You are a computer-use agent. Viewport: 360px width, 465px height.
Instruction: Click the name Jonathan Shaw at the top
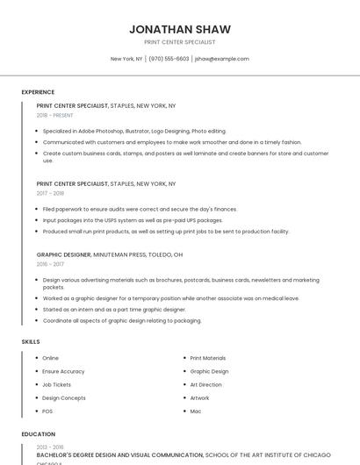pos(179,29)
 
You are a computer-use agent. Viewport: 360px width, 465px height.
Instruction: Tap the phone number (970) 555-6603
pos(169,59)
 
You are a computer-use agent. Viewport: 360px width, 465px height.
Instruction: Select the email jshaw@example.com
pos(222,59)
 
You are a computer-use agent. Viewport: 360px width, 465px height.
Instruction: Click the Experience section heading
pos(38,92)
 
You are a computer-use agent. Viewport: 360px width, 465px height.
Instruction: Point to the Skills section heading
pos(31,341)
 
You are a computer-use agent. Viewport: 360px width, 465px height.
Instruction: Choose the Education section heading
pos(38,434)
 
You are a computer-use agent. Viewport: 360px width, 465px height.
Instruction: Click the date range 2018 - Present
pos(55,115)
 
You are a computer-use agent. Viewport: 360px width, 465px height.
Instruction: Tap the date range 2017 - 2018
pos(50,193)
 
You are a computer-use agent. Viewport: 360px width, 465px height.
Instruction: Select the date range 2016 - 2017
pos(50,263)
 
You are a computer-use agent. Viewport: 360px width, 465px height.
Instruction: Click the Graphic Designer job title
pos(63,254)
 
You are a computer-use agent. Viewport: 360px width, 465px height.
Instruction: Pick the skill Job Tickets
pos(56,384)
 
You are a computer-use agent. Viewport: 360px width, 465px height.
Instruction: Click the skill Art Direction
pos(205,384)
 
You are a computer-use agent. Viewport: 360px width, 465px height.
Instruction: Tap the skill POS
pos(47,411)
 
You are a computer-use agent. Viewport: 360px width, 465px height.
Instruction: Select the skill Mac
pos(195,411)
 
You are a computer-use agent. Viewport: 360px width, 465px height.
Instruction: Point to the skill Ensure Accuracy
pos(63,371)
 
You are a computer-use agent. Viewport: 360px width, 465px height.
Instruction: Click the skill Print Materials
pos(207,358)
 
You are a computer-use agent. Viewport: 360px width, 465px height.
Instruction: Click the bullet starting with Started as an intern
pos(114,310)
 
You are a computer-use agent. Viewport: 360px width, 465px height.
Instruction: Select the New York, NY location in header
pos(126,59)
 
